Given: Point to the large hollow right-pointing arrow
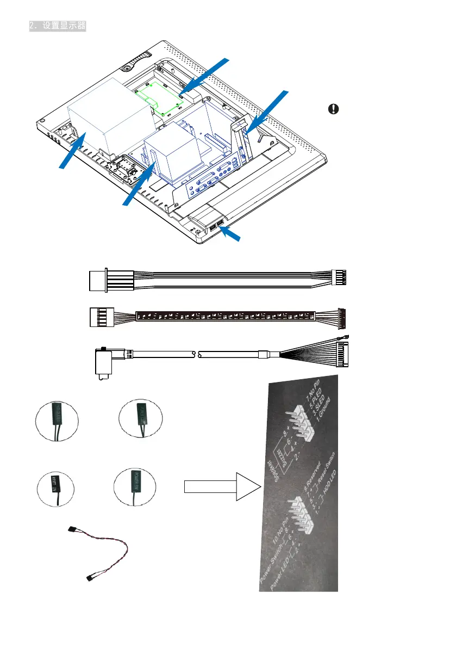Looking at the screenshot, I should [x=221, y=486].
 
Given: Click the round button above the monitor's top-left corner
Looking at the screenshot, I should [x=127, y=69].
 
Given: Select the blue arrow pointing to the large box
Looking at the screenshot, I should [x=73, y=153].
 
